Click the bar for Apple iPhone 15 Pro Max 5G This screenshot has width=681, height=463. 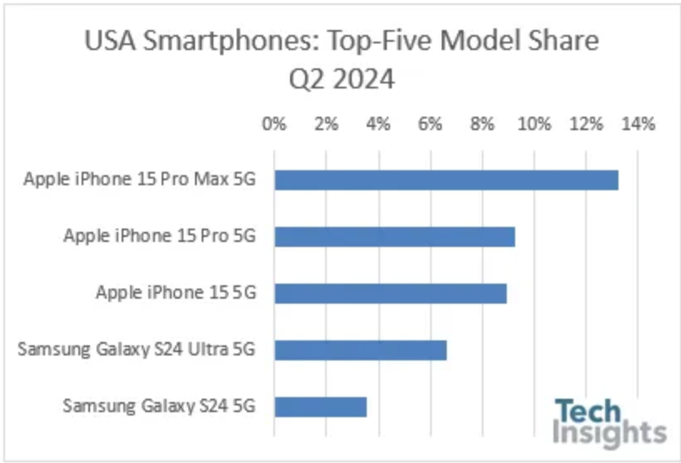point(446,179)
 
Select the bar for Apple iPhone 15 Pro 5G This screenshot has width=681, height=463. point(394,236)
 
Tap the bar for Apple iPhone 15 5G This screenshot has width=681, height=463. point(390,293)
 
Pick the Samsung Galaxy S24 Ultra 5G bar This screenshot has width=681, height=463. point(360,350)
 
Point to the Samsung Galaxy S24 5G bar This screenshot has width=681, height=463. point(320,406)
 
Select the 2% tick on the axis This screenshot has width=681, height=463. point(326,124)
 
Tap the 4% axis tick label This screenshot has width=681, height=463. point(378,124)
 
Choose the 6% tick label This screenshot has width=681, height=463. point(430,124)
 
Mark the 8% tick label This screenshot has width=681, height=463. point(482,124)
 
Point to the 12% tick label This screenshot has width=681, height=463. point(586,124)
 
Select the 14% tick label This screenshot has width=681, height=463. point(638,124)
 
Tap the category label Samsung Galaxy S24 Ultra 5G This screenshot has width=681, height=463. point(135,350)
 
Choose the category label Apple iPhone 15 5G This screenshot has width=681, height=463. point(174,293)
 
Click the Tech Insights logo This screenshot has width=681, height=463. point(610,423)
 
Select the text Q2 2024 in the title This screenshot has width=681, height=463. point(341,79)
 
